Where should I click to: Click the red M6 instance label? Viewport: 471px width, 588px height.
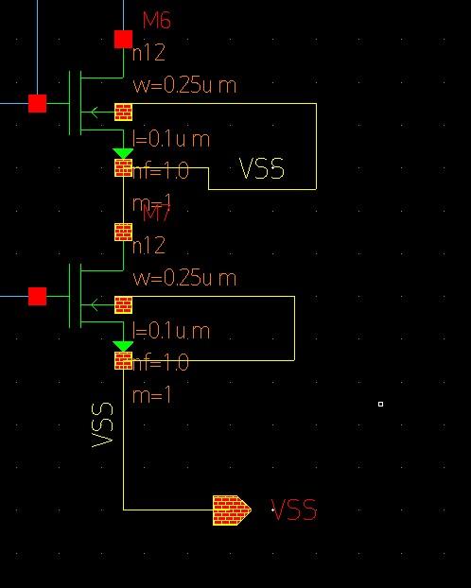(x=156, y=20)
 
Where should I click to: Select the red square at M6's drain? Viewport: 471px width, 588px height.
(x=123, y=39)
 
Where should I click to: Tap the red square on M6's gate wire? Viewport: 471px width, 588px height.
(x=37, y=103)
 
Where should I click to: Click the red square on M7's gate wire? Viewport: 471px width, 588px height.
(x=37, y=297)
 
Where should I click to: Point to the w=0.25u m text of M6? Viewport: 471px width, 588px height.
(x=184, y=85)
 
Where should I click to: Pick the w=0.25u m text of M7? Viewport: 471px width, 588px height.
(x=184, y=278)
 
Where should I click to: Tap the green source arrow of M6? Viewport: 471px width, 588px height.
(x=123, y=153)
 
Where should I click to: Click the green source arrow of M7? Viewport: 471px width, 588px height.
(x=123, y=346)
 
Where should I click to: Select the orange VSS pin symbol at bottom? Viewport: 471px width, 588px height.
(x=231, y=510)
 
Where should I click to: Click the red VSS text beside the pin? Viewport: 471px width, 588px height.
(x=294, y=510)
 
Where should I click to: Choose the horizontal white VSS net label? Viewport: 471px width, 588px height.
(x=261, y=169)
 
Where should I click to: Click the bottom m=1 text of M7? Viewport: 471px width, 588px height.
(x=152, y=395)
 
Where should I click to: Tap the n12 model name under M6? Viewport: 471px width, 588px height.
(x=148, y=53)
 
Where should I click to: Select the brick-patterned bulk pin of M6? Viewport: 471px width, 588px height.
(x=123, y=112)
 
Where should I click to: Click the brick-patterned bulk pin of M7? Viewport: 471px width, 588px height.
(x=123, y=305)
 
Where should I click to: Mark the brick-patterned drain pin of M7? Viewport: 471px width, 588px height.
(x=123, y=232)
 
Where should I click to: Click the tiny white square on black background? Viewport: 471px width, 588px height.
(x=380, y=405)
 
